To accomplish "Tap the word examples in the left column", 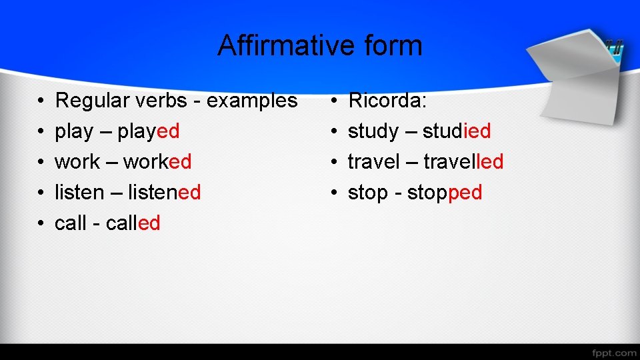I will tap(252, 101).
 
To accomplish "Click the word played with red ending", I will tap(149, 131).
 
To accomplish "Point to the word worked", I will tap(157, 162).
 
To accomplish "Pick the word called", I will tap(133, 223).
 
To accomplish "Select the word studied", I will tap(457, 131).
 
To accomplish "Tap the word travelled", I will tap(463, 162).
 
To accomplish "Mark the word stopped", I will tap(445, 193).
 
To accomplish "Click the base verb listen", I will tap(79, 193).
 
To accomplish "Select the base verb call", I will tap(70, 223).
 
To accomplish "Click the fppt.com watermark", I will tap(613, 352).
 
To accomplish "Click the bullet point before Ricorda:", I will tap(335, 101).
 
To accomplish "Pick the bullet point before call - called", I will tap(41, 224).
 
